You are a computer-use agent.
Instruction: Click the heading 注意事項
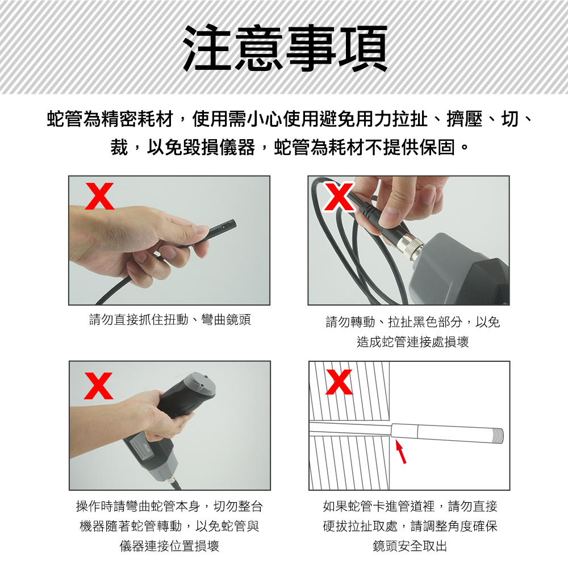point(286,48)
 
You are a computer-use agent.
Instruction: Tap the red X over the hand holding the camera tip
point(99,196)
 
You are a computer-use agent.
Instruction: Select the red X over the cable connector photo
point(339,197)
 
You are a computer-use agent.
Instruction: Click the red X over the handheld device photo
point(98,386)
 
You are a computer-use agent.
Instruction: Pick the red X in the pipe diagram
point(339,382)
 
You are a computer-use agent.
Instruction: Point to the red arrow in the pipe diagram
point(400,452)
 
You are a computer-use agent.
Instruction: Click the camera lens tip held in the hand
point(223,228)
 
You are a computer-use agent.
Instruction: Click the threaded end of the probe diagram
point(499,435)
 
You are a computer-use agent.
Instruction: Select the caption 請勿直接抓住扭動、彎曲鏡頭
point(170,319)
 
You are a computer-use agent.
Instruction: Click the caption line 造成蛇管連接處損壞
point(412,341)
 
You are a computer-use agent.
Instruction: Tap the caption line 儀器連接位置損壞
point(169,545)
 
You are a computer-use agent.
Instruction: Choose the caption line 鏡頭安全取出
point(410,545)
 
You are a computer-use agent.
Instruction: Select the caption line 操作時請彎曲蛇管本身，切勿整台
point(169,506)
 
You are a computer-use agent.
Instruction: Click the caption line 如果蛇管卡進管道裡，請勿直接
point(410,506)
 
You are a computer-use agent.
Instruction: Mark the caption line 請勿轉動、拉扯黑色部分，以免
point(412,321)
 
